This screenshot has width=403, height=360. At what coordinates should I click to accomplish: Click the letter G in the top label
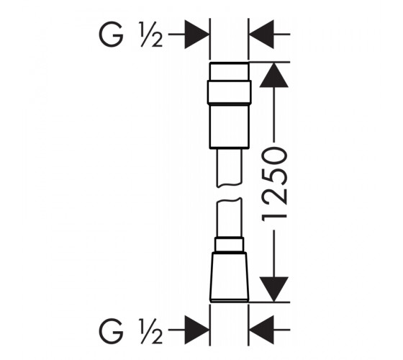(x=111, y=35)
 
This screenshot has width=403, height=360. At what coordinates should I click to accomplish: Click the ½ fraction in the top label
(x=151, y=35)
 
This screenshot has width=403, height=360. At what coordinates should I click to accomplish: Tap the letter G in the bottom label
(x=111, y=330)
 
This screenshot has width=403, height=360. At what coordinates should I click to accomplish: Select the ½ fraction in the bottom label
(x=151, y=330)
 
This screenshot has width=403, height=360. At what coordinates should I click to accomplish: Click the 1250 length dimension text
(x=274, y=184)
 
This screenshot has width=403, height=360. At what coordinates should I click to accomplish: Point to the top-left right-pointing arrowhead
(x=196, y=35)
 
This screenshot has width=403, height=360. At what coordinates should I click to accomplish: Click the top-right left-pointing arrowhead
(x=261, y=35)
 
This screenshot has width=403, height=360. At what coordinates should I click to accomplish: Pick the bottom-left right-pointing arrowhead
(x=196, y=330)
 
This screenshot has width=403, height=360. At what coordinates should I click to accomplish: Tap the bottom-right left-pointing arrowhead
(x=261, y=330)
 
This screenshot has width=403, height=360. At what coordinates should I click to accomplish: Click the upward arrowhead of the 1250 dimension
(x=273, y=75)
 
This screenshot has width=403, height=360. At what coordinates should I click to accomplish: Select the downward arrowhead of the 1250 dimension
(x=273, y=289)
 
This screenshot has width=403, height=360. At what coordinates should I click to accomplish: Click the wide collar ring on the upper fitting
(x=229, y=92)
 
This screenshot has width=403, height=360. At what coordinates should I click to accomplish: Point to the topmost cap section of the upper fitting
(x=229, y=71)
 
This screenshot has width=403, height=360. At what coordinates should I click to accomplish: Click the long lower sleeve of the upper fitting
(x=229, y=126)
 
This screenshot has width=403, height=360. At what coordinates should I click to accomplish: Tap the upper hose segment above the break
(x=229, y=168)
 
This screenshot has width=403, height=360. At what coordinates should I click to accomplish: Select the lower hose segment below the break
(x=229, y=217)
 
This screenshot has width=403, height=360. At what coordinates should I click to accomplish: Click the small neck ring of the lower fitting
(x=229, y=245)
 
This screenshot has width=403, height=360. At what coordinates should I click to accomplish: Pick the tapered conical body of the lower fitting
(x=229, y=277)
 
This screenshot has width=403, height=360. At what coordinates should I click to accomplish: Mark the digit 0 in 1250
(x=274, y=156)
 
